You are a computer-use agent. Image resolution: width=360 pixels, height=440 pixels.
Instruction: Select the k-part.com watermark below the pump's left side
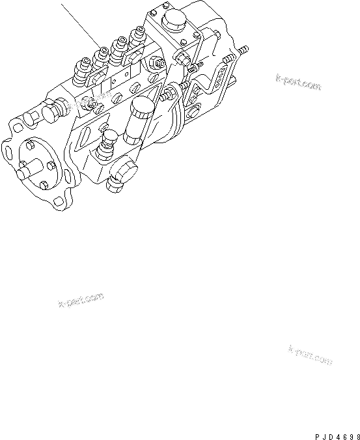[81, 299]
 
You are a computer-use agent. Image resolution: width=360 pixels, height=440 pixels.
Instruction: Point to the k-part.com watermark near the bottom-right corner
[310, 355]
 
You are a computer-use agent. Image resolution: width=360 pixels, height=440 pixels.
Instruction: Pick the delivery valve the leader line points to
[103, 54]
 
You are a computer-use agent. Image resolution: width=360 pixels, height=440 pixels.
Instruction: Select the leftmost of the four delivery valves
[83, 68]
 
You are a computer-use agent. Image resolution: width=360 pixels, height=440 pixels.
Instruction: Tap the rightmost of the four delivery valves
[137, 36]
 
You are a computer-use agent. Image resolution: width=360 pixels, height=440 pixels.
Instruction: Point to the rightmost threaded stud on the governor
[243, 49]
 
